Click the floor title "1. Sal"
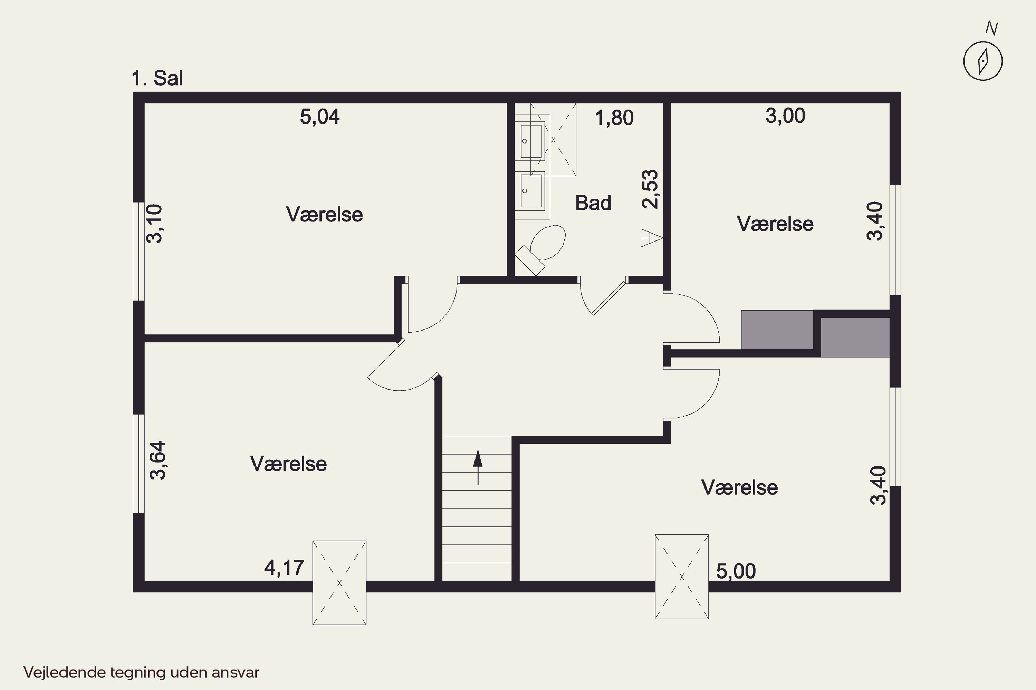(157, 78)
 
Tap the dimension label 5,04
(320, 117)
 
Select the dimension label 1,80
(614, 118)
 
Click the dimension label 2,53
(650, 189)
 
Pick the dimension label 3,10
(154, 224)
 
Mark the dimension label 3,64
(158, 460)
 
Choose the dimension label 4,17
(284, 568)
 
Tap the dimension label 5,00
(736, 571)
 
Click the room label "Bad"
(593, 203)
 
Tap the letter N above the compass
(991, 29)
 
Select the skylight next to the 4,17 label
(339, 583)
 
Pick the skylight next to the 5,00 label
(682, 576)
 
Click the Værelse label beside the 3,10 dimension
(325, 215)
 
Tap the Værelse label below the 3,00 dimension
(775, 224)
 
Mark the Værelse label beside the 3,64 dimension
(288, 464)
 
